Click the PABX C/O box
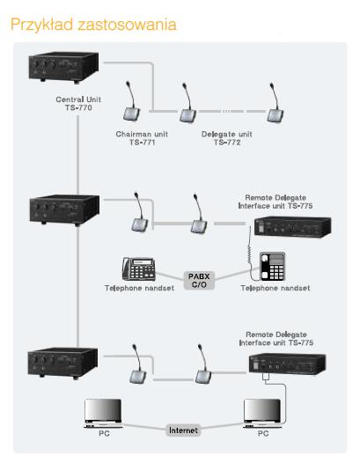[x=199, y=280]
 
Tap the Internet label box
[x=183, y=430]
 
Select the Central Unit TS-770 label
[x=78, y=103]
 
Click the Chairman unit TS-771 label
[x=142, y=138]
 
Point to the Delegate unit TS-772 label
[x=227, y=138]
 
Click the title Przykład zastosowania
[x=93, y=25]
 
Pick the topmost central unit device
[x=63, y=67]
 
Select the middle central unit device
[x=64, y=210]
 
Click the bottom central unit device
[x=62, y=363]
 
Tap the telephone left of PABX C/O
[x=139, y=268]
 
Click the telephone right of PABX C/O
[x=272, y=267]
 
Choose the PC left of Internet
[x=103, y=414]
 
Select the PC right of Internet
[x=262, y=414]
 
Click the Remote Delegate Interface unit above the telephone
[x=292, y=227]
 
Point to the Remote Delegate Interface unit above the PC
[x=287, y=364]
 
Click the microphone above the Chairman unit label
[x=131, y=101]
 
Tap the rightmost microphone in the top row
[x=275, y=102]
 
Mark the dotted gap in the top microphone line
[x=226, y=111]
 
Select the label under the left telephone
[x=139, y=288]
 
